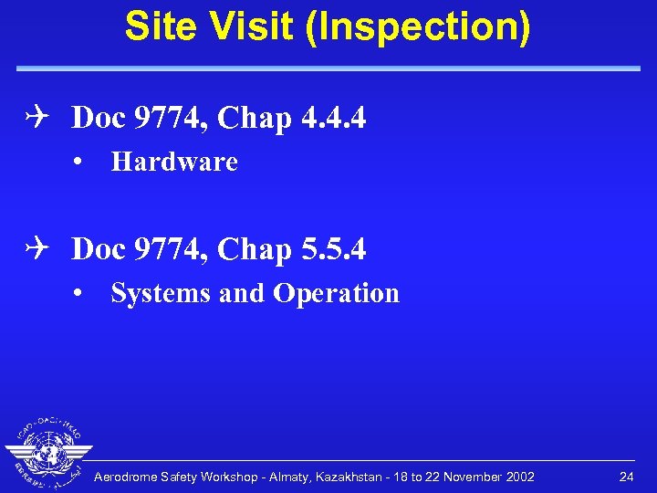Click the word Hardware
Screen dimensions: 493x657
click(x=173, y=163)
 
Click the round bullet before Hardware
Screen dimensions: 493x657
click(x=81, y=163)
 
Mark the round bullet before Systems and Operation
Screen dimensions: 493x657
click(x=81, y=295)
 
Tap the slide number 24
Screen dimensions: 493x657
click(x=626, y=477)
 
